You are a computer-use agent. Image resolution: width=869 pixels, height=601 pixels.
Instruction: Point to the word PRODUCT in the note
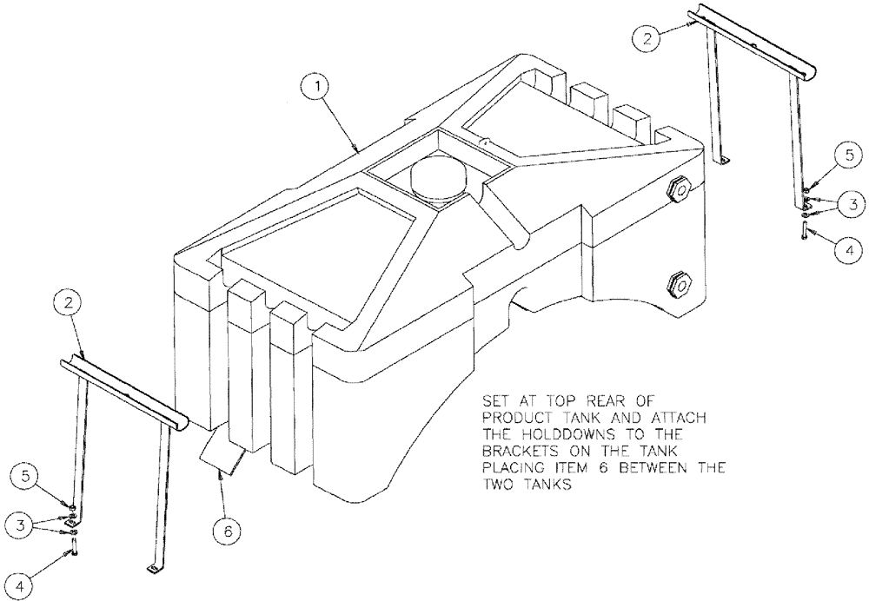click(514, 418)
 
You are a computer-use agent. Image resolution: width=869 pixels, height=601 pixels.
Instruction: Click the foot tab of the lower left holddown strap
click(153, 568)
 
